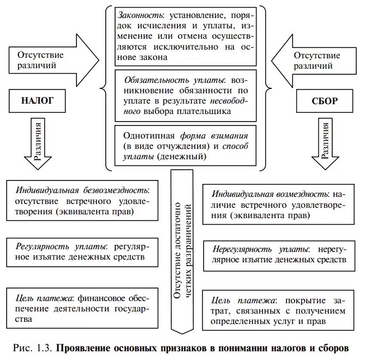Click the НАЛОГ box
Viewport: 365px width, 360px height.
point(38,101)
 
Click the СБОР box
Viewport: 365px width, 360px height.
point(325,101)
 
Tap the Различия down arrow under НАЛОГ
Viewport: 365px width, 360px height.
point(37,143)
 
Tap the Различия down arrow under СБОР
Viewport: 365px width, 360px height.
point(325,143)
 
